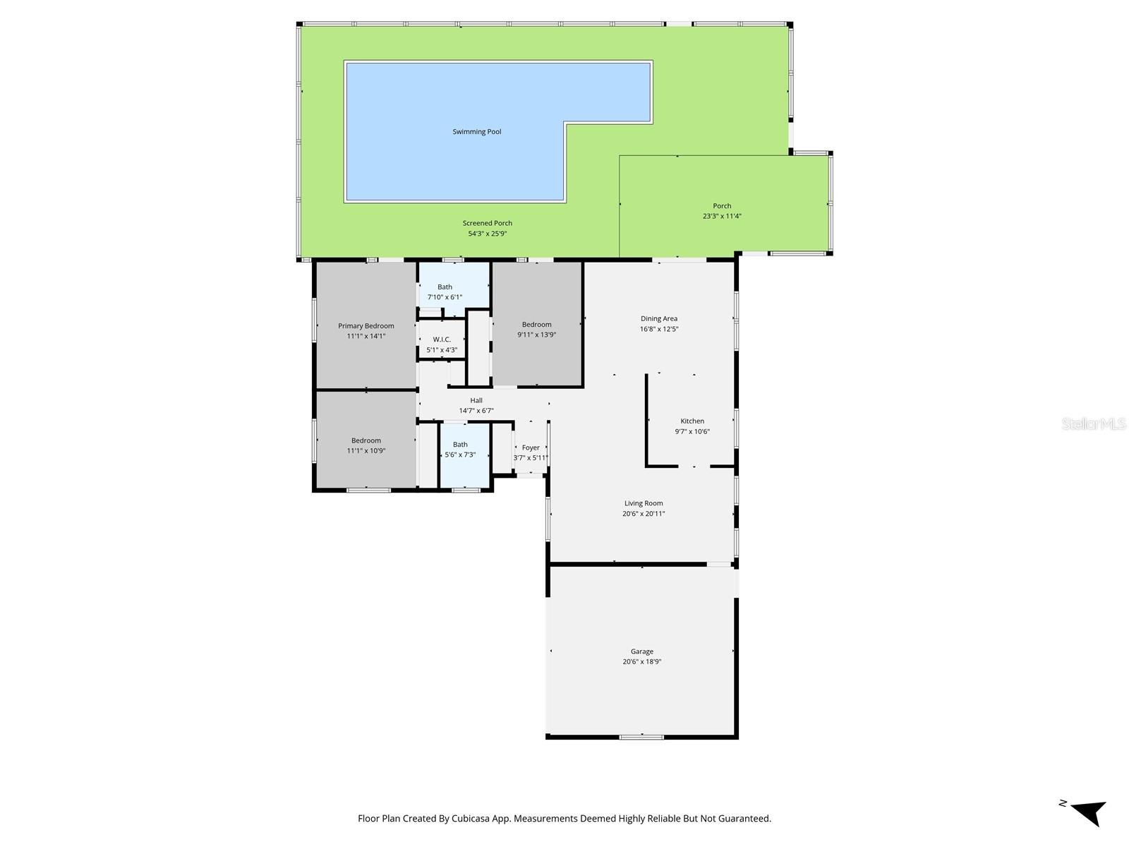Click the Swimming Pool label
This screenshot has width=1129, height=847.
coord(477,132)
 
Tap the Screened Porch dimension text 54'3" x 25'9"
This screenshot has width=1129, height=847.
coord(488,234)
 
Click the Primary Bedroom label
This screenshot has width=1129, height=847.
coord(366,326)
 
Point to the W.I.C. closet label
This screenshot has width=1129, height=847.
coord(442,340)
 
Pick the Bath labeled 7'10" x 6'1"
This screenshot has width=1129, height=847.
coord(445,292)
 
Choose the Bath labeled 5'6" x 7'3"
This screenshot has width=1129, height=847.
coord(460,450)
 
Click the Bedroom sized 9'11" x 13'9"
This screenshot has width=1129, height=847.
coord(536,330)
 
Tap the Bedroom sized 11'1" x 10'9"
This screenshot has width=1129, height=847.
coord(366,445)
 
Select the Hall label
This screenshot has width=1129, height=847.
coord(476,400)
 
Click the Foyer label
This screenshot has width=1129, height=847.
coord(531,447)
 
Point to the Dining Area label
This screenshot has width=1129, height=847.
coord(659,319)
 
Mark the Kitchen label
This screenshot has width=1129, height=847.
coord(692,421)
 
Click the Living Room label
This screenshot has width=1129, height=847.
coord(644,504)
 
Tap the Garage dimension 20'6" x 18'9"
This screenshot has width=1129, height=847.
coord(642,662)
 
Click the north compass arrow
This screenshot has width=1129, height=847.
coord(1088,812)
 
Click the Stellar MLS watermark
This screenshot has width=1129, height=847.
coord(1093,424)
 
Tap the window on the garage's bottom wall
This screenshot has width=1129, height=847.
coord(641,738)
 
